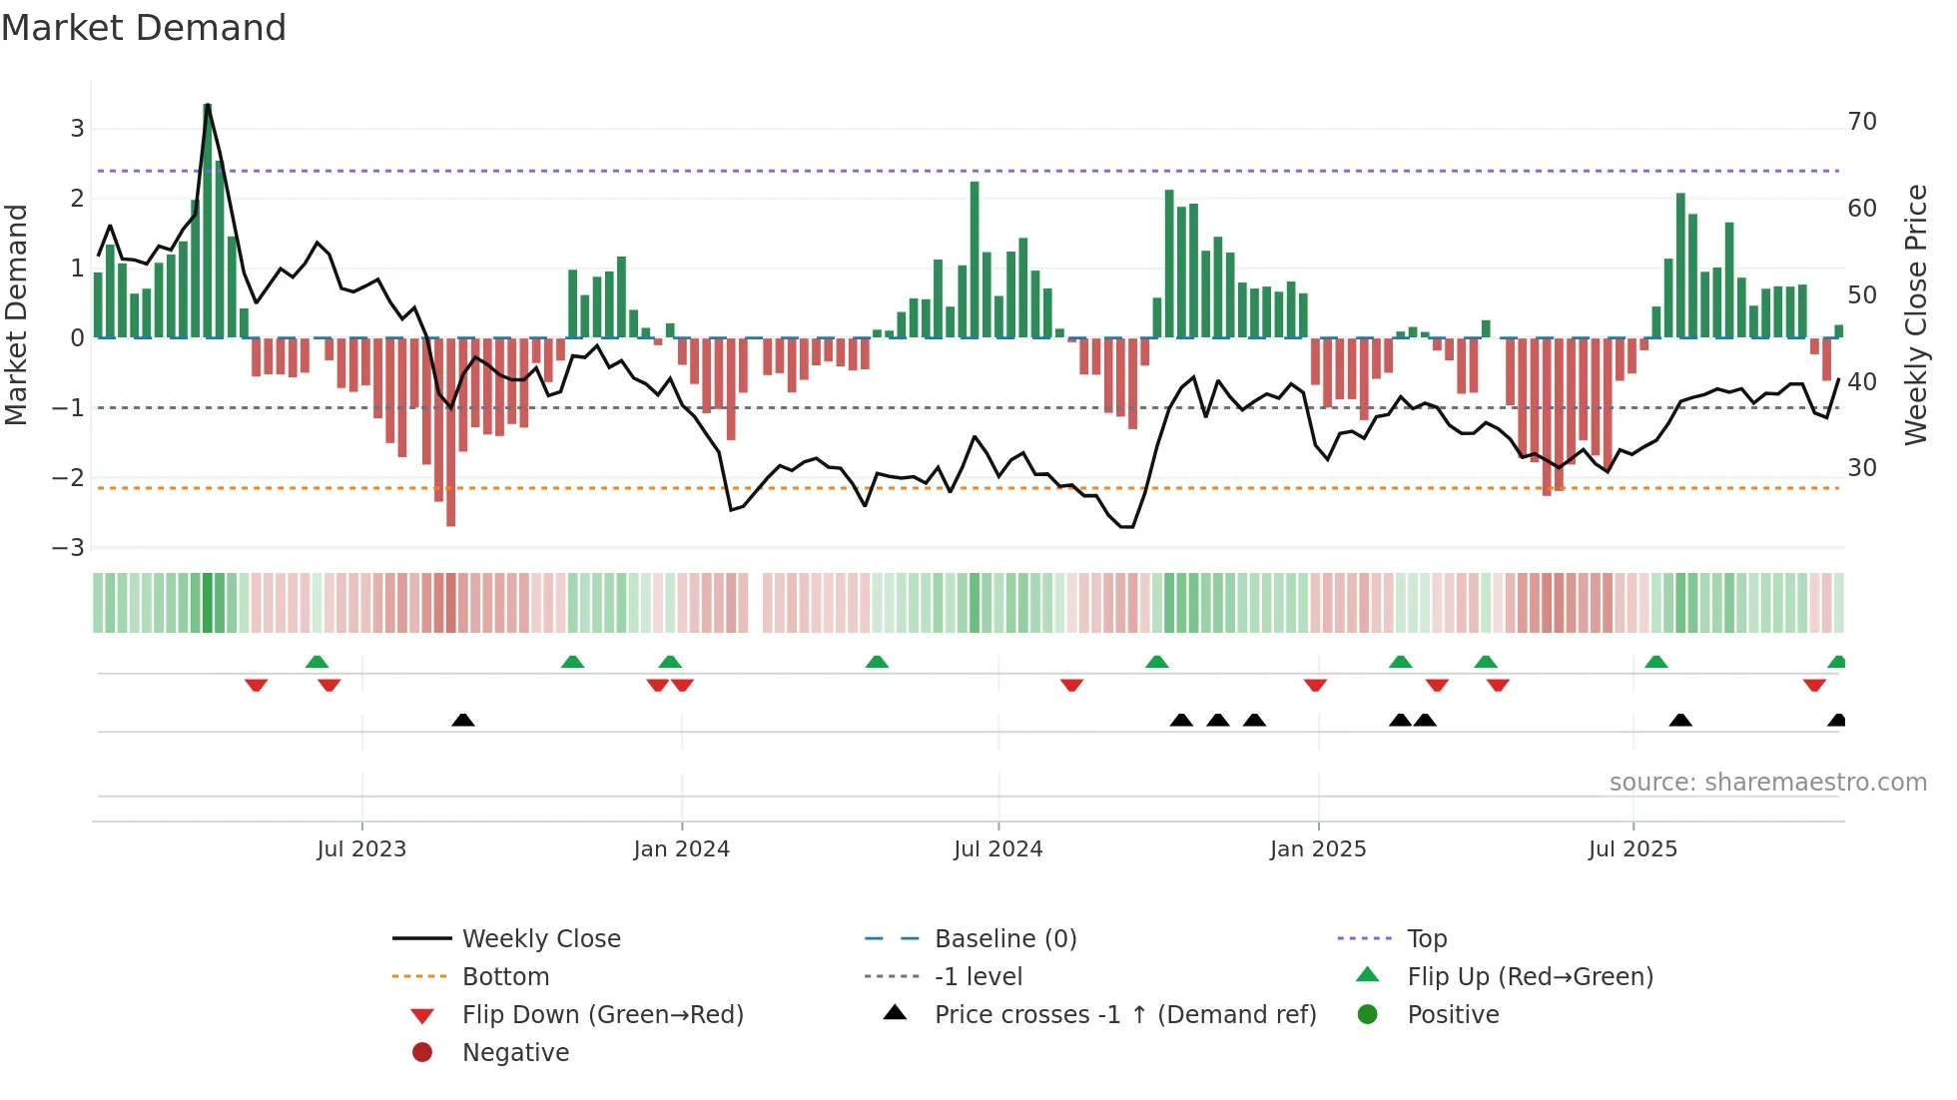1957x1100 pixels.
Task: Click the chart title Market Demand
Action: click(144, 28)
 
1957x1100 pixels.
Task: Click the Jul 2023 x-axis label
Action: click(361, 849)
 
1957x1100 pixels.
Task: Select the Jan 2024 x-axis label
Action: click(681, 849)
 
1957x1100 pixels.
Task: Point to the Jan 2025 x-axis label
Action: click(1318, 849)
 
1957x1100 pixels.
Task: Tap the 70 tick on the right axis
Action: click(1862, 122)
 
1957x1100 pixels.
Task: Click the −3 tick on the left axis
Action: click(69, 548)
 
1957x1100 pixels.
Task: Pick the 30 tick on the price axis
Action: click(1862, 468)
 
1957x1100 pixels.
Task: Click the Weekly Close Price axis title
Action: click(1915, 314)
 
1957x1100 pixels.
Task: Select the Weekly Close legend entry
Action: click(540, 939)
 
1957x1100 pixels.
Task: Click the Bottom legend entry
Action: click(505, 977)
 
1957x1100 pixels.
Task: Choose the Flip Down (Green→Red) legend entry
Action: click(602, 1015)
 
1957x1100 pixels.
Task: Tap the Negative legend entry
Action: click(515, 1053)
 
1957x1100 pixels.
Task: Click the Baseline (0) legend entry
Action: click(1005, 939)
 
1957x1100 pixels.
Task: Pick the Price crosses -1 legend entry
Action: click(1124, 1015)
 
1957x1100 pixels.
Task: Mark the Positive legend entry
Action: click(1453, 1015)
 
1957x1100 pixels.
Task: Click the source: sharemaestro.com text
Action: click(1767, 783)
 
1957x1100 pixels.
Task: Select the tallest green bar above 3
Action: click(208, 220)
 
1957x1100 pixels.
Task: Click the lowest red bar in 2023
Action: click(451, 431)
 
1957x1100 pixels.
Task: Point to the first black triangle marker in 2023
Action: click(463, 720)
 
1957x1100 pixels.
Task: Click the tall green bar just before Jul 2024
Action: click(975, 260)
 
